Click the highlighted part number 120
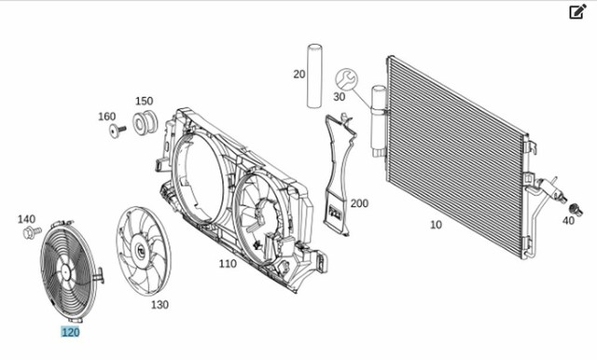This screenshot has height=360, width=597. pos(71,332)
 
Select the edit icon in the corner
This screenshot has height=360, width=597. pos(577,11)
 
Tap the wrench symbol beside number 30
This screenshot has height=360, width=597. pos(346,79)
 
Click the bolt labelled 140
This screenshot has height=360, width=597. pos(32,232)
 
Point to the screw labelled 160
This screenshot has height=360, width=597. pos(117,131)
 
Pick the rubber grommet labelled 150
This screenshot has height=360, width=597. pos(146,122)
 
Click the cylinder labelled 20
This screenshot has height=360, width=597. pos(314,76)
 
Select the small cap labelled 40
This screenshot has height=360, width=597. pos(576,209)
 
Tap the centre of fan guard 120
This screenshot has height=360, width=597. pos(65,272)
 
